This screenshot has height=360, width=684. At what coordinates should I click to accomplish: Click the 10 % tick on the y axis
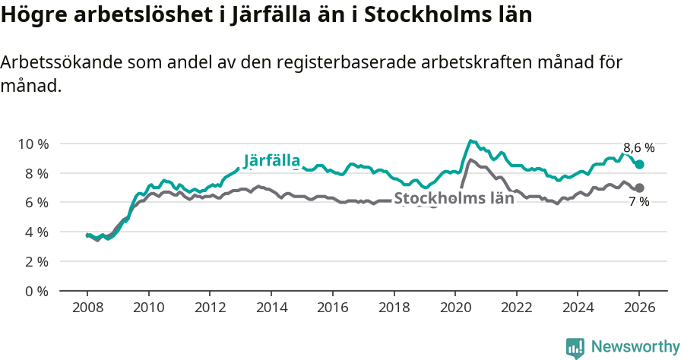[33, 144]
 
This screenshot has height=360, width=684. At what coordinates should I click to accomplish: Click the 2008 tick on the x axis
[87, 309]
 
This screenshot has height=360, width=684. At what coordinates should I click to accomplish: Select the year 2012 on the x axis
[210, 309]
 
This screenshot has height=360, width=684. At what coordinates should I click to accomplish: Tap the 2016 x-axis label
[332, 309]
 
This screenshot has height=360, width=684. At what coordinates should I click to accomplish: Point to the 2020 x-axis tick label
[454, 309]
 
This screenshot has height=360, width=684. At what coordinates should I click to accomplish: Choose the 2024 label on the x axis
[578, 309]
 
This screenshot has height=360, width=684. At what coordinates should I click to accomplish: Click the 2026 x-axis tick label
[639, 309]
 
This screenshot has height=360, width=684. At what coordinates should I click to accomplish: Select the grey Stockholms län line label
[454, 198]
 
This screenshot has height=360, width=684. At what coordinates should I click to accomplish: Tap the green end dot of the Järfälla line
[639, 165]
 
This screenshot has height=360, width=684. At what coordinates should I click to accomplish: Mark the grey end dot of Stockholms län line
[639, 188]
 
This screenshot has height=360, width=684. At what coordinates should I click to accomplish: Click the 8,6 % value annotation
[638, 147]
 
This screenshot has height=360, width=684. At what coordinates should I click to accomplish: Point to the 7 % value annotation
[638, 202]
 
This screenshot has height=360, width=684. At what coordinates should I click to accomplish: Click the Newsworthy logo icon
[575, 347]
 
